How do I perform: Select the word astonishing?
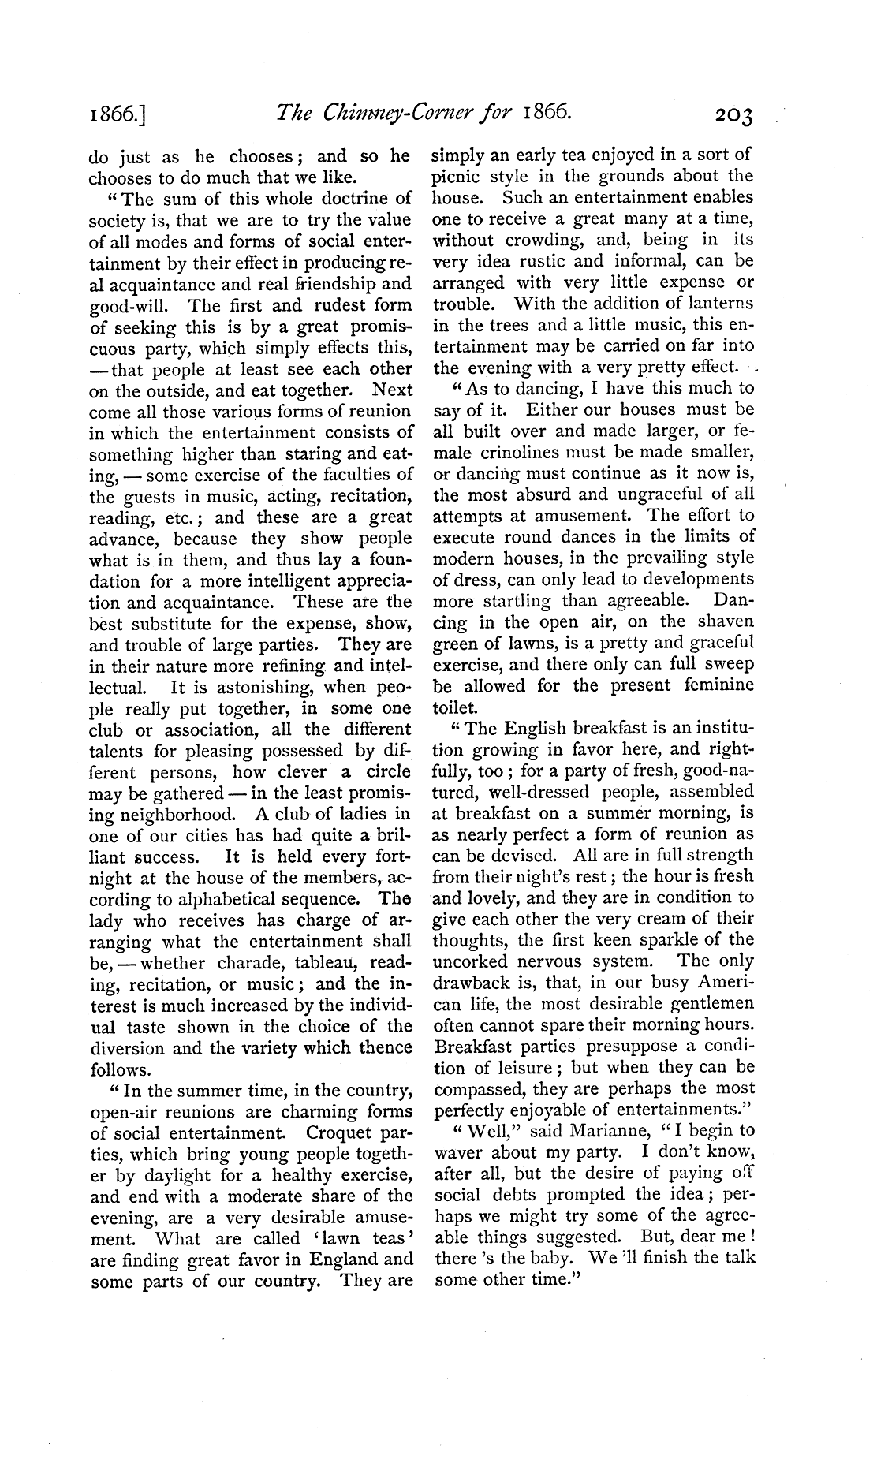pyautogui.click(x=254, y=687)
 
